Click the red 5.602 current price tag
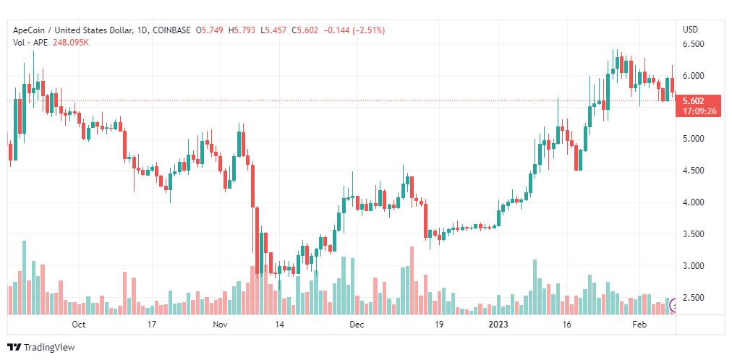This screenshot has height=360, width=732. coord(693,101)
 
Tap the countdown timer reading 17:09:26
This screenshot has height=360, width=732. coord(698,111)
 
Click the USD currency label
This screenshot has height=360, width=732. coord(691,30)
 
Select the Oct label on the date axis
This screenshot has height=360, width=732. coord(79,325)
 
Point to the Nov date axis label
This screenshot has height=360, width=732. coord(219,325)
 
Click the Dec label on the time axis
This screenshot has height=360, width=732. coord(357,325)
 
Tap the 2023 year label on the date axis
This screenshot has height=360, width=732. coord(497,325)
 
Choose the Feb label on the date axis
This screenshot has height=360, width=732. coord(639,325)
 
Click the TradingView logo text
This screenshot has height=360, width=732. coord(49,348)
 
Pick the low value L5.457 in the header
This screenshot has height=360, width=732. coord(273,30)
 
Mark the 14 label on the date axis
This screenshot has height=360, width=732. coord(280,325)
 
